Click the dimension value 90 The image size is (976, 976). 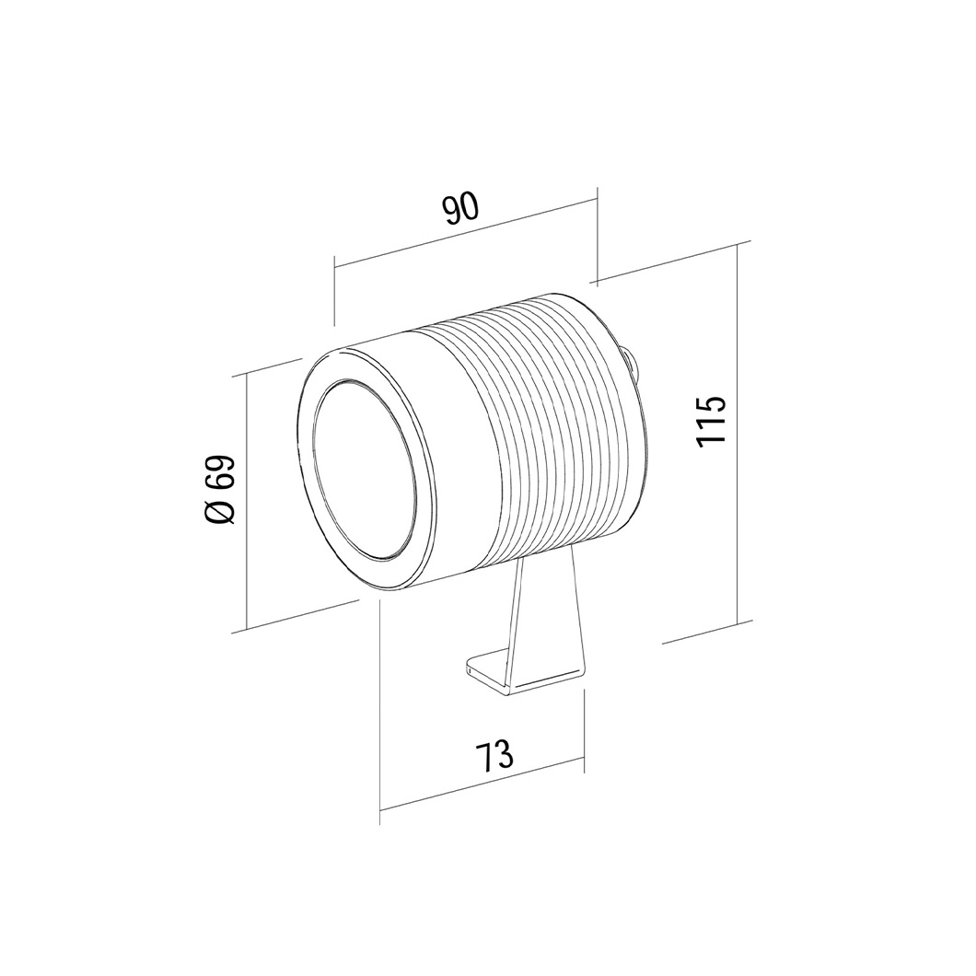pos(460,209)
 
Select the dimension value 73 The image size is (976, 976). pos(495,755)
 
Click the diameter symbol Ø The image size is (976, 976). pos(220,512)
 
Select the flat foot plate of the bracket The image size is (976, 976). pos(526,675)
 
